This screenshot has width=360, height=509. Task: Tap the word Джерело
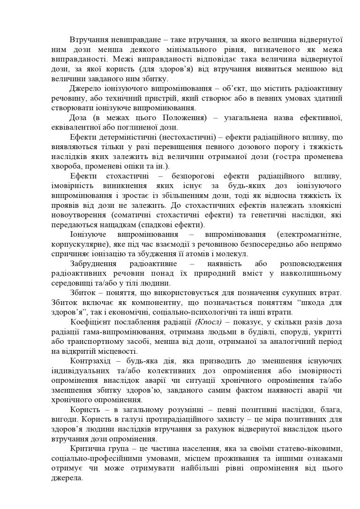click(x=86, y=89)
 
